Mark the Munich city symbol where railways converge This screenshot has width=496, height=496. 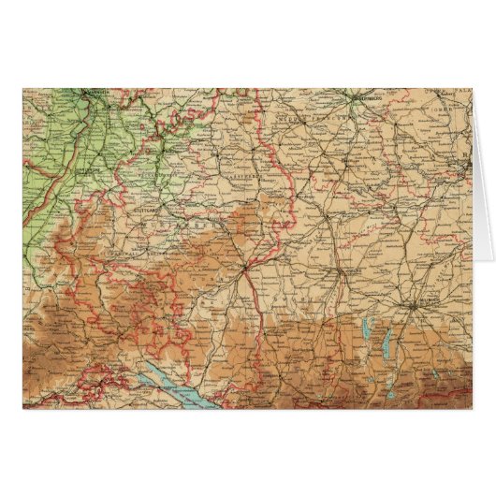(x=412, y=303)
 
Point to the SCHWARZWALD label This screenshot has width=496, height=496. (x=89, y=281)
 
